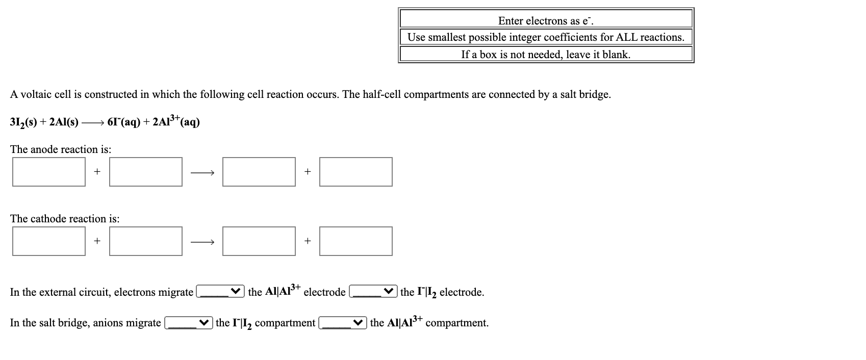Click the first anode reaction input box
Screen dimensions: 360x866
point(49,172)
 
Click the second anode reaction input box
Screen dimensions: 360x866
point(146,172)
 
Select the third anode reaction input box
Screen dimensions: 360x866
point(259,172)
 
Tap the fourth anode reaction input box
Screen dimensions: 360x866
point(356,172)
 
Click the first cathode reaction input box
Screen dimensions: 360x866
point(49,241)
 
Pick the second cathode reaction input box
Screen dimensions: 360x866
point(146,241)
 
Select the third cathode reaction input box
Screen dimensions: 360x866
point(259,241)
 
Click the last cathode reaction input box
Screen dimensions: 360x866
point(356,241)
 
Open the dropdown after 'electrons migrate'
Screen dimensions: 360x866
point(220,292)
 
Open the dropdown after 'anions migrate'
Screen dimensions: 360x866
point(188,323)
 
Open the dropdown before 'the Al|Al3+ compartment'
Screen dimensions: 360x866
point(343,323)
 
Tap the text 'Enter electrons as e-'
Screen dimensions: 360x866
point(546,21)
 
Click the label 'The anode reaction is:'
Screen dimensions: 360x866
point(61,149)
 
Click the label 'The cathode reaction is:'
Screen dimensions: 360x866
point(65,219)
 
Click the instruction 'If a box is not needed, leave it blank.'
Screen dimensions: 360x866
point(546,55)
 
